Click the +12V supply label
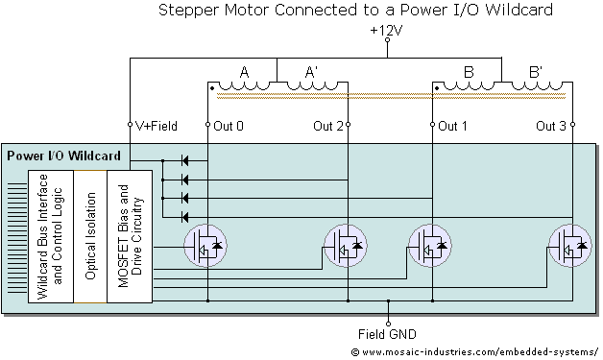(386, 31)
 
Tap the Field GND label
(387, 334)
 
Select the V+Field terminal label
(157, 126)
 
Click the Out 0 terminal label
(229, 126)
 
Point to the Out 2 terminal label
(328, 126)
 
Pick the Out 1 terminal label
(452, 126)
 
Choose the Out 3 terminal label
(551, 126)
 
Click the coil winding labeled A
(244, 85)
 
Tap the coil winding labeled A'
(313, 85)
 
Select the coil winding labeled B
(469, 85)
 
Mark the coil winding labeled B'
(538, 85)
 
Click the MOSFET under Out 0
(205, 246)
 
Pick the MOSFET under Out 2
(346, 246)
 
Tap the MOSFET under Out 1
(430, 246)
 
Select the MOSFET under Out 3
(570, 246)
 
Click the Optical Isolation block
(90, 236)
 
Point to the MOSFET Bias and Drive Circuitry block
(130, 236)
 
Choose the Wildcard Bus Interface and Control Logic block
(51, 236)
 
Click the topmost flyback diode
(185, 160)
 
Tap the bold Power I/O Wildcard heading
(63, 156)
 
